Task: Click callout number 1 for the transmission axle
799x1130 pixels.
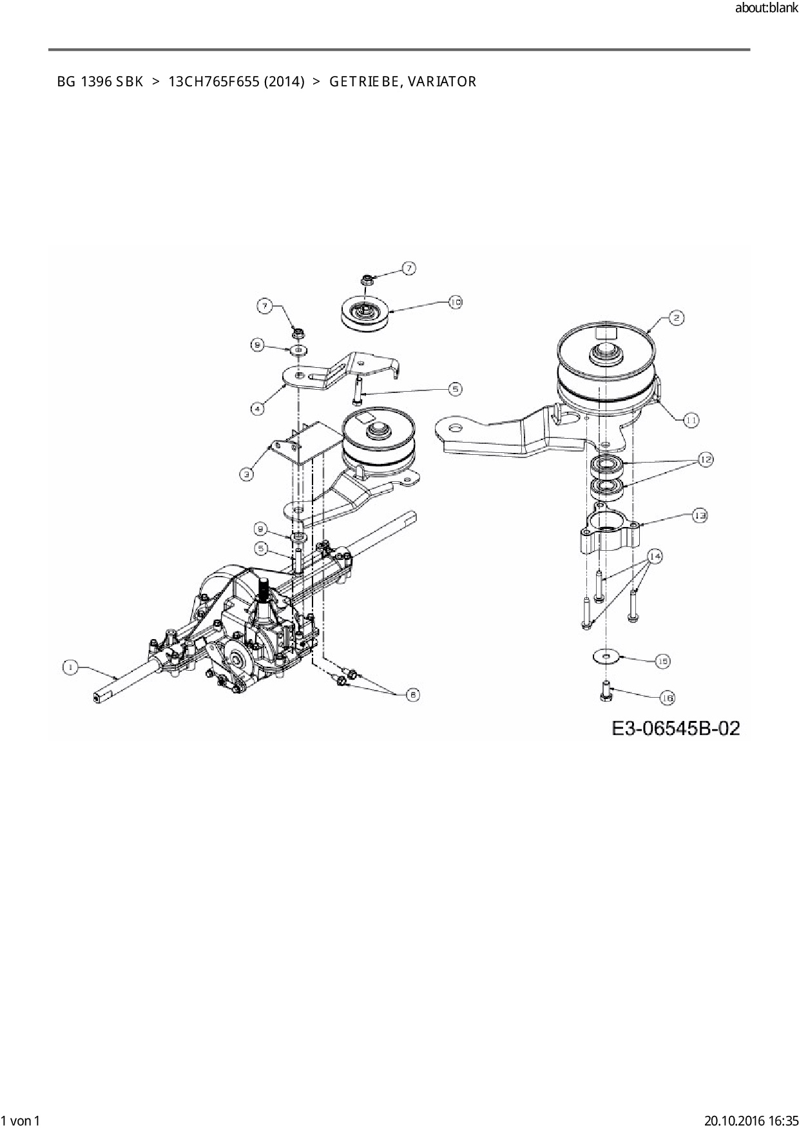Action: [70, 667]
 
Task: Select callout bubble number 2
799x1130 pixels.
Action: [675, 318]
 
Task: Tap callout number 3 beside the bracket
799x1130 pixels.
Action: [247, 474]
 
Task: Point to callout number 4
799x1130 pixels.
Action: [257, 408]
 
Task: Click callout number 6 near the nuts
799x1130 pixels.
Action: [412, 694]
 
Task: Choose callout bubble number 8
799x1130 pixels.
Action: [258, 346]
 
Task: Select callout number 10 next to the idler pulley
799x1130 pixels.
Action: [455, 302]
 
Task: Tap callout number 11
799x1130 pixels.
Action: [691, 419]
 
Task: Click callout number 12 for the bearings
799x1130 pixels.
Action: [706, 459]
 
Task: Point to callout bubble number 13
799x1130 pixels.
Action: [700, 515]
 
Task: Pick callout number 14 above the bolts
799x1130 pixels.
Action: [655, 556]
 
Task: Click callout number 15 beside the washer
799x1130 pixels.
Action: [662, 660]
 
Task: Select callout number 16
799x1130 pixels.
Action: [667, 698]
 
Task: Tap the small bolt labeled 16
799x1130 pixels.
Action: [606, 691]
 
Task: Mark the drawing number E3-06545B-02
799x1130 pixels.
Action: [675, 729]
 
